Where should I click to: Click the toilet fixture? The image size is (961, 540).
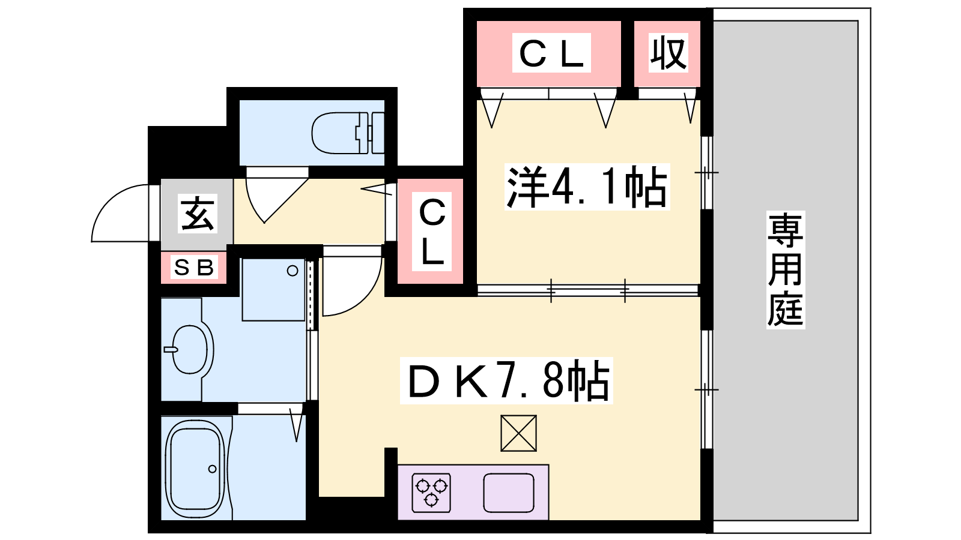(348, 133)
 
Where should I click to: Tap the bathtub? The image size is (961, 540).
(195, 470)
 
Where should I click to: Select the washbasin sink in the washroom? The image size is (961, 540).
(188, 350)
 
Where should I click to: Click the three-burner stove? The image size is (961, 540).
(431, 493)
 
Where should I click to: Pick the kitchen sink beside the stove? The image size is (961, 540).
(509, 493)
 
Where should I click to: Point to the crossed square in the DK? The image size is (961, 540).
(519, 433)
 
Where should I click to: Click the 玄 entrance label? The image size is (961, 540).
(197, 214)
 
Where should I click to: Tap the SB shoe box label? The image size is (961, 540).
(194, 268)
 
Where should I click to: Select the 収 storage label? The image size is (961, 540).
(668, 53)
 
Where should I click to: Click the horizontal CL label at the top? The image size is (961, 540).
(552, 53)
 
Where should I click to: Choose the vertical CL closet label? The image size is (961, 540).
(432, 232)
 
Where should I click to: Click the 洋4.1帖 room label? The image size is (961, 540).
(587, 187)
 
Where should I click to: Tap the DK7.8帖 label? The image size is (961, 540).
(507, 381)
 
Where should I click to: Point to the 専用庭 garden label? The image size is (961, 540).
(786, 270)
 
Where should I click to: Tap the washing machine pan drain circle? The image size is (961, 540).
(293, 271)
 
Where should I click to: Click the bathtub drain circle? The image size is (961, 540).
(213, 469)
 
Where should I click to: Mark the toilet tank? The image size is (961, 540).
(376, 133)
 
